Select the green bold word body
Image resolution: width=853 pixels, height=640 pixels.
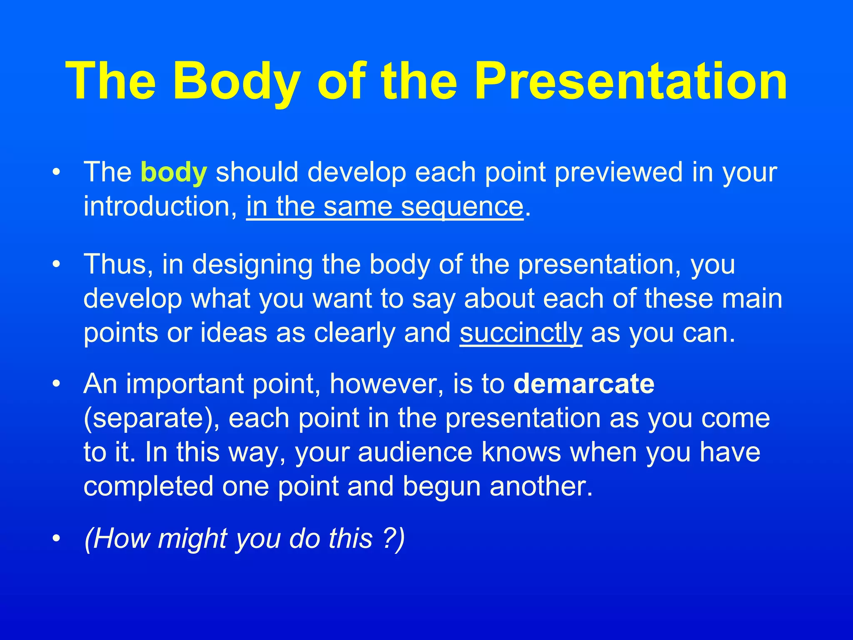[174, 172]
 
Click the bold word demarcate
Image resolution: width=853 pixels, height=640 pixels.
[584, 384]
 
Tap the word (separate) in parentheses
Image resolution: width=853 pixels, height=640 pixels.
[151, 418]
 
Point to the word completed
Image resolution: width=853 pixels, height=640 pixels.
[148, 487]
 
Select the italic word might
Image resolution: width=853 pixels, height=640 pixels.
[192, 539]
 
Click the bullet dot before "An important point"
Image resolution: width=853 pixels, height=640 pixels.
[57, 384]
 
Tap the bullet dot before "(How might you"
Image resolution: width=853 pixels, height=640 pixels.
[57, 538]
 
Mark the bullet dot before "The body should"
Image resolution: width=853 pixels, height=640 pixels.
[57, 172]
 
